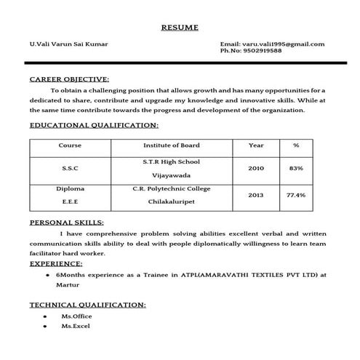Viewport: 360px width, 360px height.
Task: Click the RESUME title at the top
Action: pyautogui.click(x=179, y=28)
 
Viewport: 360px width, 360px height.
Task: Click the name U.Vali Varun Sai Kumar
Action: pyautogui.click(x=68, y=44)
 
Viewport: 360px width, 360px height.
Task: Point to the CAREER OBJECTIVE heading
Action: pyautogui.click(x=69, y=79)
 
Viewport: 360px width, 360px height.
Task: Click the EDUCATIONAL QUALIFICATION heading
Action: pyautogui.click(x=89, y=126)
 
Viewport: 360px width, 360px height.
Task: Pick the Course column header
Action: pyautogui.click(x=70, y=145)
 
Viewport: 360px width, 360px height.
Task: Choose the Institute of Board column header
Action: pyautogui.click(x=171, y=145)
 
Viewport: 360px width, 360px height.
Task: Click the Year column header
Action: pyautogui.click(x=256, y=145)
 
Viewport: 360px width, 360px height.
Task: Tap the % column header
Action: pyautogui.click(x=296, y=145)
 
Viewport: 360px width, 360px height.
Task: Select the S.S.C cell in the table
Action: pyautogui.click(x=70, y=168)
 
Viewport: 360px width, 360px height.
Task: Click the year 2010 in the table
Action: pyautogui.click(x=256, y=168)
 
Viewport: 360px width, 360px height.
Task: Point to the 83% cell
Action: pyautogui.click(x=296, y=168)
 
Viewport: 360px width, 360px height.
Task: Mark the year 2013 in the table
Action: pyautogui.click(x=256, y=195)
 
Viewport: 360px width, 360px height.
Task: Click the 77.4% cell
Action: pyautogui.click(x=296, y=195)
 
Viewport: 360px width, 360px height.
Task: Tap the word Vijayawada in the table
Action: pyautogui.click(x=171, y=176)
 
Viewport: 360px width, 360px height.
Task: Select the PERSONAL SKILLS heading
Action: pyautogui.click(x=66, y=222)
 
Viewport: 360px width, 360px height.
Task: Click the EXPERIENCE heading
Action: pyautogui.click(x=56, y=263)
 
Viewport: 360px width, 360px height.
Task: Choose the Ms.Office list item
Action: pyautogui.click(x=76, y=317)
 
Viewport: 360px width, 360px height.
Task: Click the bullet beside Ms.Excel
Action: pyautogui.click(x=44, y=327)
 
